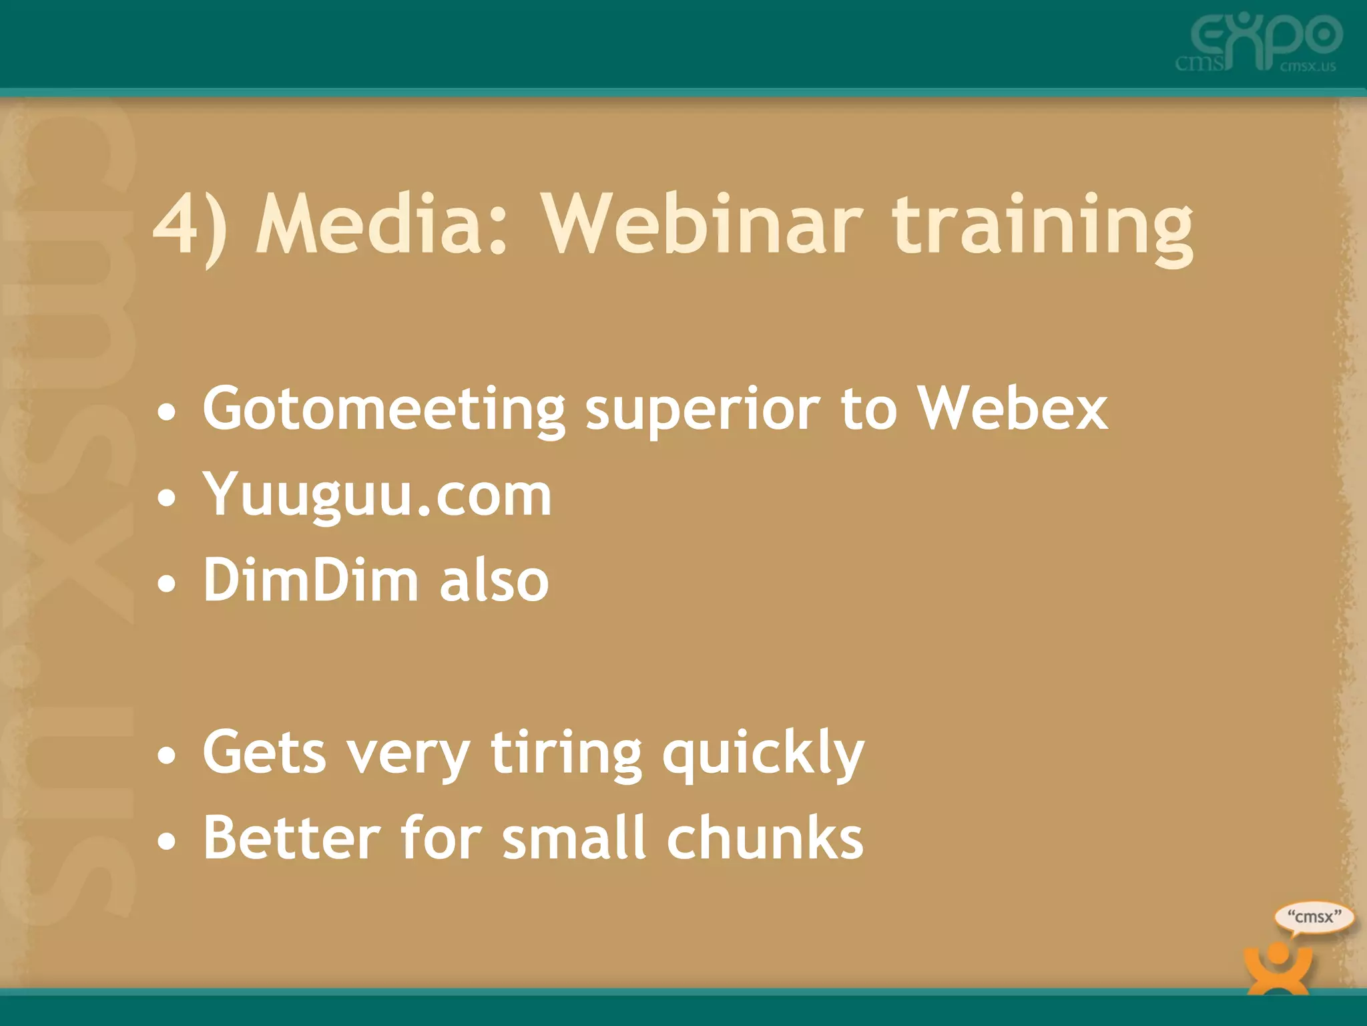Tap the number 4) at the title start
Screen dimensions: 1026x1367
coord(190,226)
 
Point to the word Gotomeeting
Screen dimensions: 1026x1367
coord(384,410)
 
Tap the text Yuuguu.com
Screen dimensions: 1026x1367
coord(377,496)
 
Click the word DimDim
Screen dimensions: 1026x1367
coord(310,580)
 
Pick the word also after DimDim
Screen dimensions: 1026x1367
coord(494,580)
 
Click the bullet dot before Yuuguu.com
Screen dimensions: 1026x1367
coord(167,498)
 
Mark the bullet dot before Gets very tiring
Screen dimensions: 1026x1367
coord(167,755)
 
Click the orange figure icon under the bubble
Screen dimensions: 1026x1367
coord(1278,969)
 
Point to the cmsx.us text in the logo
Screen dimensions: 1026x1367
coord(1308,66)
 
